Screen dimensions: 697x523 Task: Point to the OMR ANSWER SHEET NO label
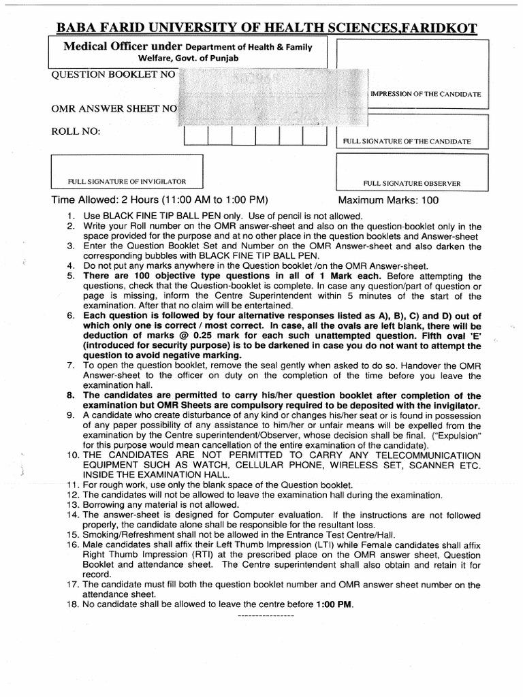(x=114, y=108)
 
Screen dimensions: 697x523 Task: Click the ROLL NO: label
(x=76, y=131)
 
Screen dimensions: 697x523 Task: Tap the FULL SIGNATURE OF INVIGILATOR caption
(x=127, y=182)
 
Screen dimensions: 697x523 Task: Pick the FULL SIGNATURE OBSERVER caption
(x=412, y=183)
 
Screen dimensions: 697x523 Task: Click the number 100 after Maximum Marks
(x=430, y=200)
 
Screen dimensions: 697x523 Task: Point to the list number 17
(x=72, y=585)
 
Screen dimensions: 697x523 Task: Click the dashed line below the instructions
(x=264, y=615)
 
